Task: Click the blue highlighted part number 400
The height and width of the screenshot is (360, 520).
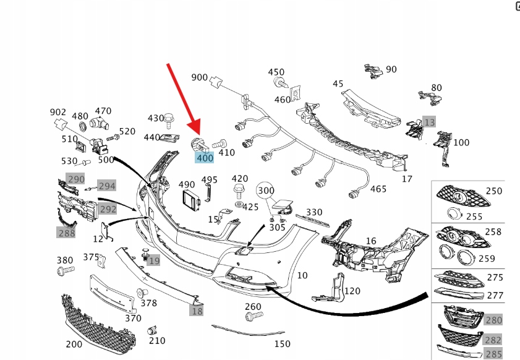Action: coord(205,158)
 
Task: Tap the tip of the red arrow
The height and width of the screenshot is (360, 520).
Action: coord(198,137)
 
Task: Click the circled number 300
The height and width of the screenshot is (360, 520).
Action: coord(266,191)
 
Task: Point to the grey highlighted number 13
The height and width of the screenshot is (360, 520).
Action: coord(429,121)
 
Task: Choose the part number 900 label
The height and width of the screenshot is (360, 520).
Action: coord(200,77)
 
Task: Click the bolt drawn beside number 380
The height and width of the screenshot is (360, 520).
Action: coord(65,271)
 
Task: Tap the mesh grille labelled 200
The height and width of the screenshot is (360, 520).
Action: coord(99,322)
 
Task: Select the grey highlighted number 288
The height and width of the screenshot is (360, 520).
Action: coord(66,233)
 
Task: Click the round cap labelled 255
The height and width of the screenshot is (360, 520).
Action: coord(454,214)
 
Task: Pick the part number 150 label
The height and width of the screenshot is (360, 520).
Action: coord(282,343)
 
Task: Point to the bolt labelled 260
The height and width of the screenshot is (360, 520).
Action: coord(250,317)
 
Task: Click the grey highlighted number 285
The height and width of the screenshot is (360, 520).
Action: coord(493,354)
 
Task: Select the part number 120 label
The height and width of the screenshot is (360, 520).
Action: coord(352,291)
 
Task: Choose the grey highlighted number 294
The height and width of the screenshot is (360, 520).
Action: coord(106,186)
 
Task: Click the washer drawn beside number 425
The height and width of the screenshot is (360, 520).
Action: coord(239,205)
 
